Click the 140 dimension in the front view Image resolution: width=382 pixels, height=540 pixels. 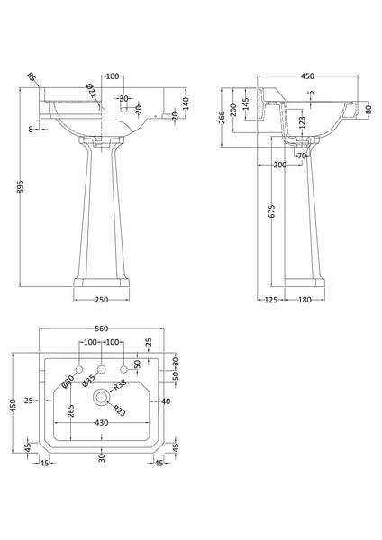[x=185, y=104]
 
